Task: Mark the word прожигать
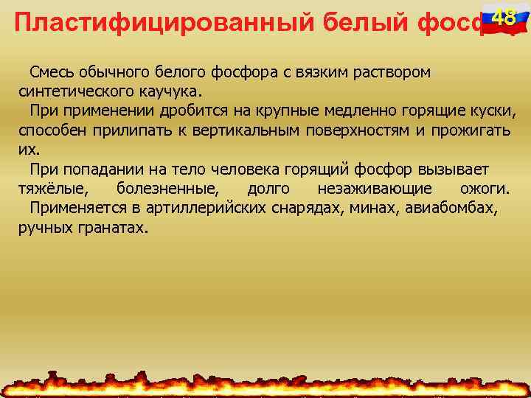tap(471, 130)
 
